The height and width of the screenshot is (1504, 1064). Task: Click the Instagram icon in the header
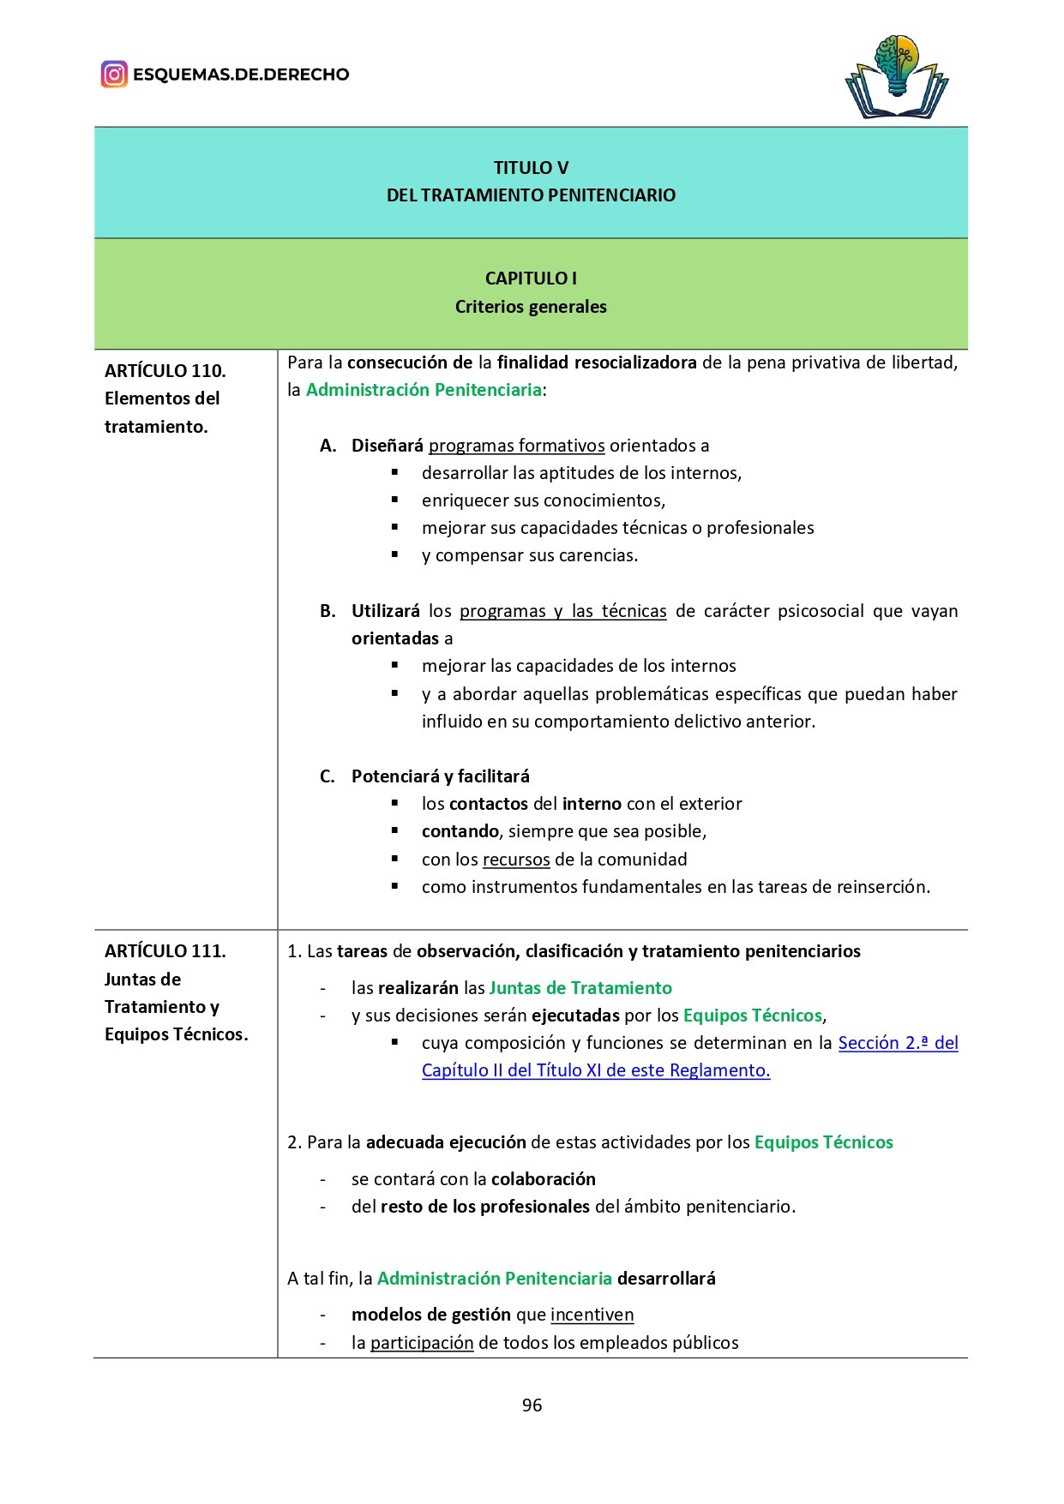tap(114, 75)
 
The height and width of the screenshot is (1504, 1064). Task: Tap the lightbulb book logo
tap(897, 77)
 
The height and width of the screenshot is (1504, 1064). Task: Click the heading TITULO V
tap(531, 168)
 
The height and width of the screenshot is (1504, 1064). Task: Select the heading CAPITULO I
tap(531, 279)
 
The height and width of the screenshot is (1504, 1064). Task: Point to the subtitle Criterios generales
tap(531, 307)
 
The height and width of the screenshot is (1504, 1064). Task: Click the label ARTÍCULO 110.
tap(165, 371)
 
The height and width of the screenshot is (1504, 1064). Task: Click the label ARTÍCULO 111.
tap(165, 951)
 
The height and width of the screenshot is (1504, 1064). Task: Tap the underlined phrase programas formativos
tap(517, 446)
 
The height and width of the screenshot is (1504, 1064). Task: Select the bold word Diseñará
tap(388, 446)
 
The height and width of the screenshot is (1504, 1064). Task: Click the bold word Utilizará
tap(386, 611)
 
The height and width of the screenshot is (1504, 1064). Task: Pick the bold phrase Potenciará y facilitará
tap(441, 776)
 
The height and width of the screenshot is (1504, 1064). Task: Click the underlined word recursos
tap(516, 860)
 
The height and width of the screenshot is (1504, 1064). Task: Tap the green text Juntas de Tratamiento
tap(580, 988)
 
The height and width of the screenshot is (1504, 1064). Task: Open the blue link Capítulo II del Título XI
tap(596, 1070)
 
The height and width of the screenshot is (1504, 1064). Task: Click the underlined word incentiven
tap(592, 1315)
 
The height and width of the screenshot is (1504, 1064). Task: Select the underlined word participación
tap(422, 1343)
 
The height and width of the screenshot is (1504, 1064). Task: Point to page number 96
tap(532, 1405)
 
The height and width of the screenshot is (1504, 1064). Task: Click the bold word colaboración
tap(544, 1179)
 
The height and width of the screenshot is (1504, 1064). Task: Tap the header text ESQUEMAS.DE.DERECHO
tap(241, 75)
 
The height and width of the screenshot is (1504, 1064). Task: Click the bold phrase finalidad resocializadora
tap(597, 363)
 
